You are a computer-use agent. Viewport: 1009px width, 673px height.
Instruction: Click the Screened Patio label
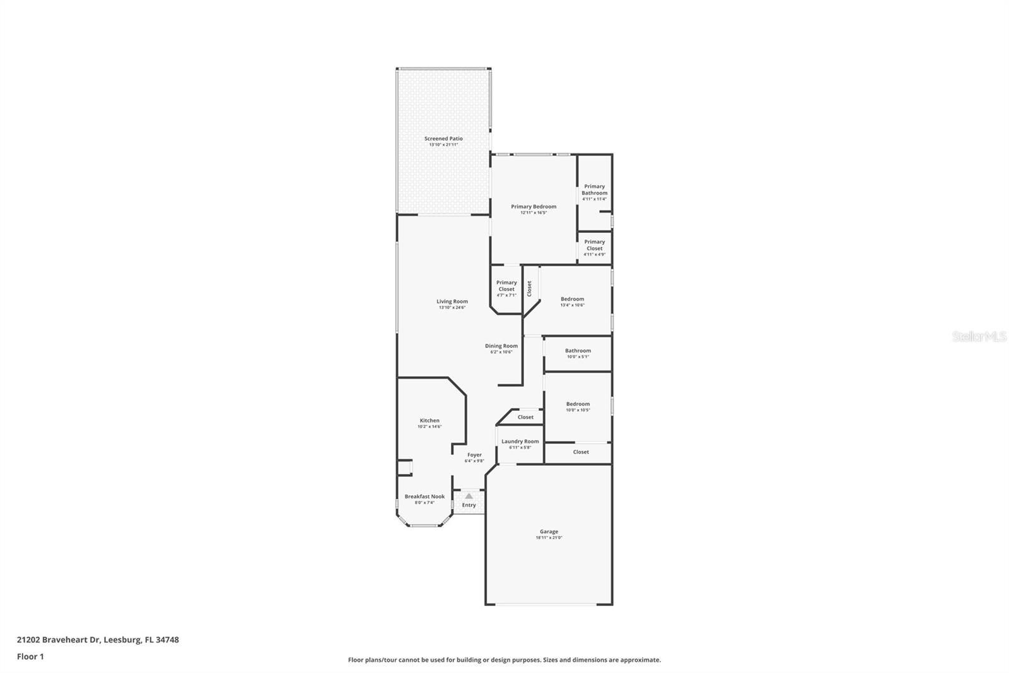click(x=443, y=138)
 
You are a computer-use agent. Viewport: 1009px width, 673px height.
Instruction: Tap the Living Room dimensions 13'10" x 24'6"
click(x=452, y=307)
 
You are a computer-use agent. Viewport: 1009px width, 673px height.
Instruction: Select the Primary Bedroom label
click(x=534, y=206)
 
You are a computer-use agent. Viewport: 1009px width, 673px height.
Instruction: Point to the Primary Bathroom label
click(x=594, y=189)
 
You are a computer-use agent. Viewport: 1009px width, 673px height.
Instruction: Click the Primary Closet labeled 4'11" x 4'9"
click(x=594, y=245)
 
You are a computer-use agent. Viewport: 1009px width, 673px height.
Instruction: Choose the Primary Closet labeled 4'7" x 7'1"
click(x=506, y=286)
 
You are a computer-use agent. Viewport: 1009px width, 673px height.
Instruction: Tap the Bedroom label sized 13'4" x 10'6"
click(x=573, y=299)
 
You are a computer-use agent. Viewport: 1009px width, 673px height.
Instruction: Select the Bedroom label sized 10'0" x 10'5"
click(x=578, y=404)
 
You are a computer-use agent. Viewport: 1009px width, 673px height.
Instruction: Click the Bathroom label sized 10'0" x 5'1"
click(x=578, y=350)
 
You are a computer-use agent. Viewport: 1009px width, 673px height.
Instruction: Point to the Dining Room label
click(x=501, y=345)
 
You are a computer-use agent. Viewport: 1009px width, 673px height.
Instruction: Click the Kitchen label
click(x=429, y=420)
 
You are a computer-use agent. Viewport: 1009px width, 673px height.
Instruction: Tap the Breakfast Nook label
click(x=424, y=496)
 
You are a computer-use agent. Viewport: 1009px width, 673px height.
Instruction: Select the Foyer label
click(x=474, y=455)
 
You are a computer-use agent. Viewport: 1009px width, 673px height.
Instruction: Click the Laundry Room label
click(x=520, y=441)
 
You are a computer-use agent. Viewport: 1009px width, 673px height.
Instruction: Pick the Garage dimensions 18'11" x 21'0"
click(x=549, y=538)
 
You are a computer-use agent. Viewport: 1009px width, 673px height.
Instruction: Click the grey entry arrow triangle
click(x=469, y=496)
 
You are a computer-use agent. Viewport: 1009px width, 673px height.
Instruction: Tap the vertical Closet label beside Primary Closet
click(x=530, y=289)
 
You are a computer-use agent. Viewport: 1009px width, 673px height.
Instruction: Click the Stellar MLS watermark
click(x=979, y=337)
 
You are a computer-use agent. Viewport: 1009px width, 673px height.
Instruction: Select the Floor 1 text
click(x=30, y=657)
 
